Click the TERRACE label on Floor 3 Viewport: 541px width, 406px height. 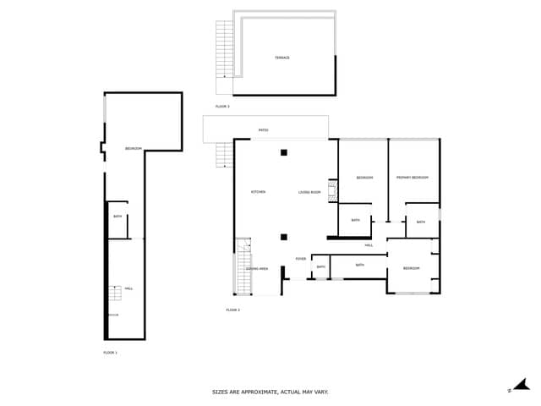pyautogui.click(x=282, y=58)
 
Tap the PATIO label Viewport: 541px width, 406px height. pyautogui.click(x=263, y=130)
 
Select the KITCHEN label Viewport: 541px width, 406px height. pyautogui.click(x=258, y=192)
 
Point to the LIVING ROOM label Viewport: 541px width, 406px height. pyautogui.click(x=309, y=192)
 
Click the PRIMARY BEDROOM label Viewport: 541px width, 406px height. pyautogui.click(x=413, y=178)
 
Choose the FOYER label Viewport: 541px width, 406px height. pyautogui.click(x=300, y=259)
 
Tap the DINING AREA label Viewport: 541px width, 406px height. pyautogui.click(x=257, y=268)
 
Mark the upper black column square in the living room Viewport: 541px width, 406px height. pyautogui.click(x=284, y=152)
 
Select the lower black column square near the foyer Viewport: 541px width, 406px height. pyautogui.click(x=284, y=237)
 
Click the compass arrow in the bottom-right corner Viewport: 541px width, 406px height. pyautogui.click(x=521, y=385)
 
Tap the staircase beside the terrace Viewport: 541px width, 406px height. pyautogui.click(x=224, y=49)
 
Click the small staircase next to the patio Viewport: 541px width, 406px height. pyautogui.click(x=224, y=155)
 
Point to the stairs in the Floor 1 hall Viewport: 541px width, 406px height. pyautogui.click(x=114, y=293)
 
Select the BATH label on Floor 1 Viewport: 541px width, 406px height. pyautogui.click(x=117, y=217)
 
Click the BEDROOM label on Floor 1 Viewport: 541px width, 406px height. pyautogui.click(x=133, y=149)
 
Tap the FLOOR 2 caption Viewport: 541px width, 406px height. pyautogui.click(x=232, y=310)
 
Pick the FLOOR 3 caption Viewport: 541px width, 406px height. pyautogui.click(x=222, y=107)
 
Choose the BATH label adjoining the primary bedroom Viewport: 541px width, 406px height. pyautogui.click(x=421, y=222)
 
